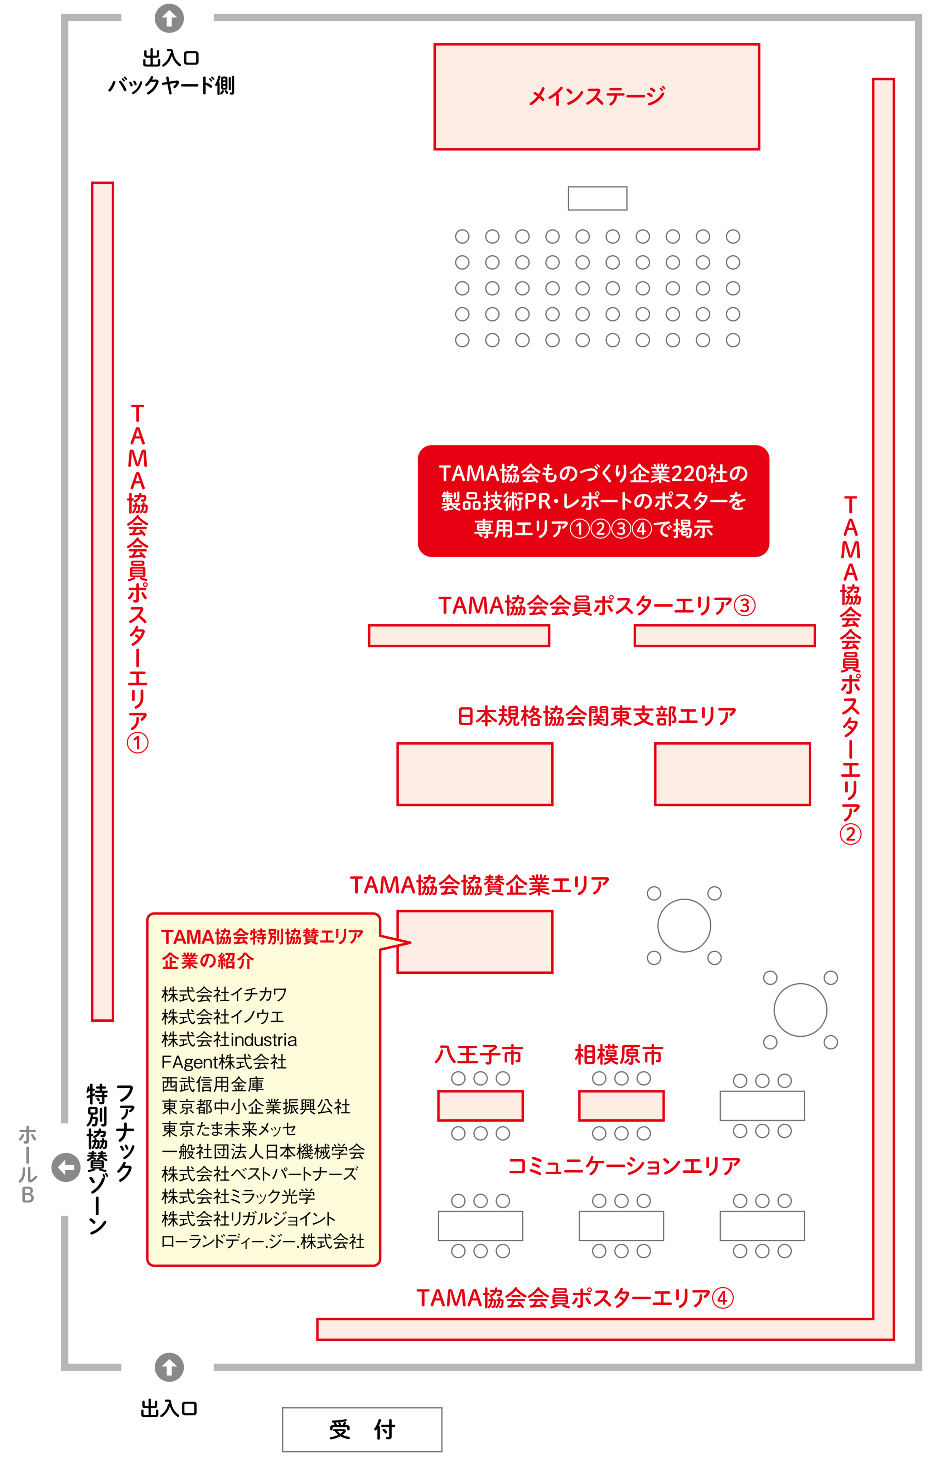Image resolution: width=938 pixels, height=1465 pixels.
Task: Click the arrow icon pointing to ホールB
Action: pyautogui.click(x=66, y=1167)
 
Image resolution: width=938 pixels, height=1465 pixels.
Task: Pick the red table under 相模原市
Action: pyautogui.click(x=621, y=1105)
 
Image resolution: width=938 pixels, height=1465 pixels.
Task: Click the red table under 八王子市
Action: pyautogui.click(x=480, y=1105)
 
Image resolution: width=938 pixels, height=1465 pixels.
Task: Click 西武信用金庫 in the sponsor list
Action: pyautogui.click(x=213, y=1084)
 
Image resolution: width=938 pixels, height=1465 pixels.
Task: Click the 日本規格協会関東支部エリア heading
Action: pyautogui.click(x=596, y=716)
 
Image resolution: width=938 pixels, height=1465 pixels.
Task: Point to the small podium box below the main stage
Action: pyautogui.click(x=597, y=198)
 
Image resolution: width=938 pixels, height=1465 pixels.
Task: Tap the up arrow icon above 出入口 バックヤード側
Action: pyautogui.click(x=169, y=18)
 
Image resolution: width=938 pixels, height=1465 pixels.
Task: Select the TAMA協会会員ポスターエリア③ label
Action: pyautogui.click(x=596, y=606)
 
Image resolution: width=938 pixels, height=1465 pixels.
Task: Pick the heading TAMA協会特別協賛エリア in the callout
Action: pyautogui.click(x=262, y=936)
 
